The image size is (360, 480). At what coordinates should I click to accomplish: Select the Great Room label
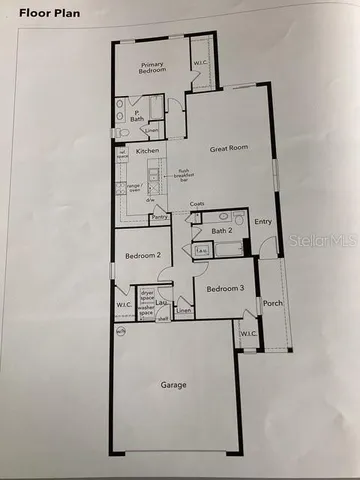228,149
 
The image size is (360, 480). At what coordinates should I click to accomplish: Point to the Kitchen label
148,151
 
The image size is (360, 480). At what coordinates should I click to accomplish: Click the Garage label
175,384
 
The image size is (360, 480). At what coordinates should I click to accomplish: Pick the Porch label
271,304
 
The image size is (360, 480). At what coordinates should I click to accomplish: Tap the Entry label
264,222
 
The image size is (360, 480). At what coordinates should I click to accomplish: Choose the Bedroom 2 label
143,255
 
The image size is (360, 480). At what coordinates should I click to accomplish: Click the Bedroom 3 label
224,289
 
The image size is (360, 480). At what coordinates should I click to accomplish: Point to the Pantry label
159,217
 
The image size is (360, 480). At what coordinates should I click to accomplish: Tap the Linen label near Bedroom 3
183,312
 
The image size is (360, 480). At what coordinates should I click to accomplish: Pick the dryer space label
146,295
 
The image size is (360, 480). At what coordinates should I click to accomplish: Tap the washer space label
146,312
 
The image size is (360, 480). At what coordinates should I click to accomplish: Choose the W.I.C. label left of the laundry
124,305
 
